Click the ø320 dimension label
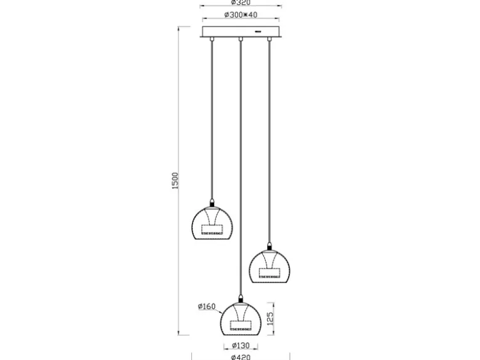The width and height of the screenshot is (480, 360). [x=241, y=2]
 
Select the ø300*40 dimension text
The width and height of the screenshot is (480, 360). [x=241, y=15]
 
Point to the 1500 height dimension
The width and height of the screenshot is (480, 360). [x=175, y=180]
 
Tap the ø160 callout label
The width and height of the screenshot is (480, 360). [x=207, y=306]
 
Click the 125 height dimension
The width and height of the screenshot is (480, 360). [x=270, y=319]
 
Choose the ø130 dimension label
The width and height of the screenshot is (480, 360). [x=241, y=346]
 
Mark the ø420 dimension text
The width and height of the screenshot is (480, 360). [x=241, y=357]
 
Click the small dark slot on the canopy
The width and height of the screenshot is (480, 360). [x=258, y=31]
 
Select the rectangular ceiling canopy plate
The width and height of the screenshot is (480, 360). [x=241, y=32]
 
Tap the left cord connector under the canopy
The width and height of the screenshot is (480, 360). [x=212, y=39]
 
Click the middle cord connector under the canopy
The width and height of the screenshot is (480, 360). [x=241, y=39]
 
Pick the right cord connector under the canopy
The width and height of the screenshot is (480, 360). [x=270, y=39]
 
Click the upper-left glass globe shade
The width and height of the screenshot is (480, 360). [x=212, y=223]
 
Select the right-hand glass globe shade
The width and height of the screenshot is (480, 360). [x=270, y=266]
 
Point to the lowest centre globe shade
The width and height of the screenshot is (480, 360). [x=241, y=319]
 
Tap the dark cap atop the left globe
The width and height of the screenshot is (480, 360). [x=212, y=202]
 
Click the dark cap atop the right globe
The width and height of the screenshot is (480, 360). [x=270, y=246]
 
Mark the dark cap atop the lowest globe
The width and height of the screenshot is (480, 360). [x=241, y=299]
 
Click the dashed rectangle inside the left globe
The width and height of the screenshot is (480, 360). [x=212, y=230]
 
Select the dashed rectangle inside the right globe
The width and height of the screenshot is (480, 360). [x=270, y=273]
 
